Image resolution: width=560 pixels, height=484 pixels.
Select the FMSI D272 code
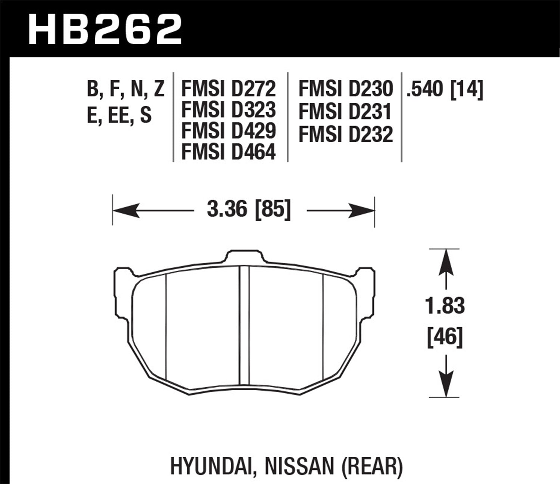(228, 89)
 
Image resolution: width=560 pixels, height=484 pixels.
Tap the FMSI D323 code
(228, 110)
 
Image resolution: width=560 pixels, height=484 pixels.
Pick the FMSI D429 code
(228, 131)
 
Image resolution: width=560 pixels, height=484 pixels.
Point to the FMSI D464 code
(228, 152)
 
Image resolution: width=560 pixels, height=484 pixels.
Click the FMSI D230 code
(345, 89)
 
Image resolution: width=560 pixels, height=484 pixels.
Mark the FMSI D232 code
(345, 134)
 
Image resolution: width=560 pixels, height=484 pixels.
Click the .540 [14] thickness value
(445, 89)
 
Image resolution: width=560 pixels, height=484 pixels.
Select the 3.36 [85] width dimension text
(248, 210)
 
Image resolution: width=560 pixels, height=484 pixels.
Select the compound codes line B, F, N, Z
(125, 90)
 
